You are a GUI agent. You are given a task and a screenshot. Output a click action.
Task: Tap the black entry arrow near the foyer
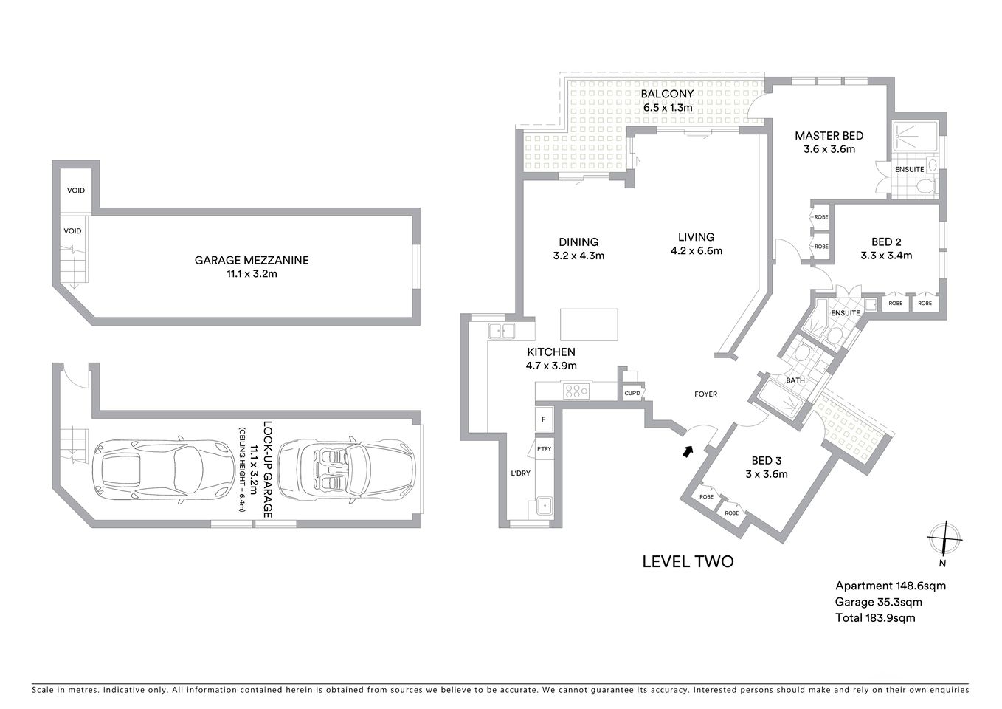point(688,450)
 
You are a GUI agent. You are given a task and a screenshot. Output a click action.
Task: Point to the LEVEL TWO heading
point(688,562)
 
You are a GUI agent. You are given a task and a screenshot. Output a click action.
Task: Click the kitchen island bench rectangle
point(588,323)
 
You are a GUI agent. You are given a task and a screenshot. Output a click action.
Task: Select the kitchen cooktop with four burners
point(576,391)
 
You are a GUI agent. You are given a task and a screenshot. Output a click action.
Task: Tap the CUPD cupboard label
point(632,394)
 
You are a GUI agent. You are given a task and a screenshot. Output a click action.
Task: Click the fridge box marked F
point(544,419)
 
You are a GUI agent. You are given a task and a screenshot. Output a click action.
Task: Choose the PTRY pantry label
point(544,448)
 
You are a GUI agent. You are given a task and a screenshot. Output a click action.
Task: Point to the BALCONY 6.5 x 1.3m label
point(667,100)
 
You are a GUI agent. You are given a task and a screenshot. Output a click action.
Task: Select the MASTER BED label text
point(829,136)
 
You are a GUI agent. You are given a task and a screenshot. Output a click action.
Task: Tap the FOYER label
point(705,394)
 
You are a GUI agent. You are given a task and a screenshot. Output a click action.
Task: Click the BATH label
point(795,381)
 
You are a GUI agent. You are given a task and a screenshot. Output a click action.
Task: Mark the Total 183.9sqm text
point(874,618)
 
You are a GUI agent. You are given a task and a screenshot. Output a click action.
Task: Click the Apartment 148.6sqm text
point(890,586)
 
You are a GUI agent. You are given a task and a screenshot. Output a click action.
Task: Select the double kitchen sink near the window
point(500,332)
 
